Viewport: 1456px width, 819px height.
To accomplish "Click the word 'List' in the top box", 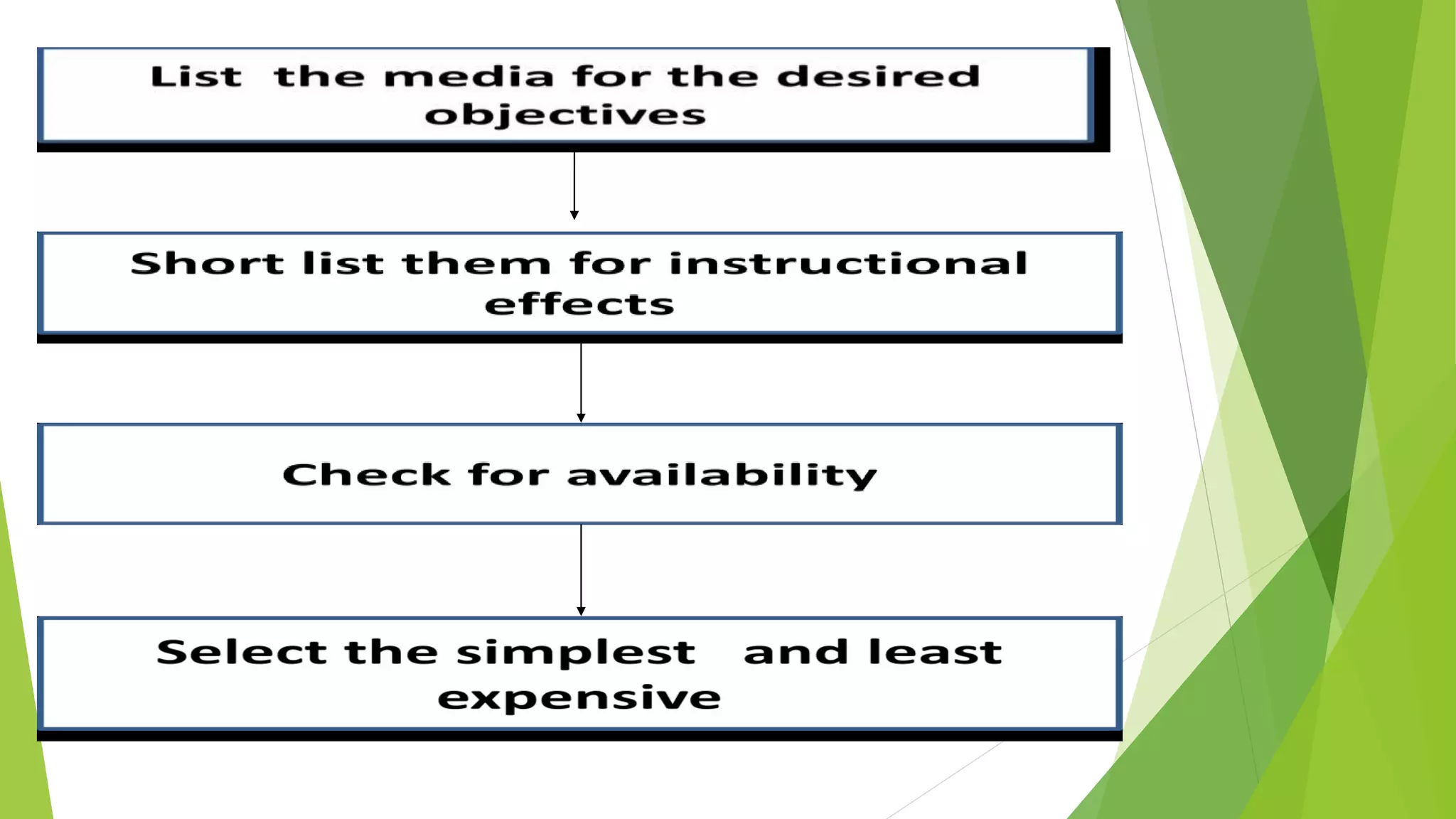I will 196,76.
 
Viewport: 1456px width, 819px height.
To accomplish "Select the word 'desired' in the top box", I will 878,76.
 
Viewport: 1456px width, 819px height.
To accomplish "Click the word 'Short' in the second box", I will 207,263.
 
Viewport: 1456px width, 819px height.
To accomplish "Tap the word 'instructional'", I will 848,263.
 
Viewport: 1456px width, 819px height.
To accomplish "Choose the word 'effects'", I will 579,304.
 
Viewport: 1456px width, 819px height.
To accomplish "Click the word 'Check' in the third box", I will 366,474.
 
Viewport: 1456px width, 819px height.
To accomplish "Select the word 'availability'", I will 722,476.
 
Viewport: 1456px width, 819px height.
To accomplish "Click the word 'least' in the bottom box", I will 935,652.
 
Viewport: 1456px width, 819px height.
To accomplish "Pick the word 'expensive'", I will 579,697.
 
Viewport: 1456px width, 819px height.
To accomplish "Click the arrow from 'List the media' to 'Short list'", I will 574,185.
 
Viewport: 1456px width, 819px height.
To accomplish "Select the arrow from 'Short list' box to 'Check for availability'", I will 581,382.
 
